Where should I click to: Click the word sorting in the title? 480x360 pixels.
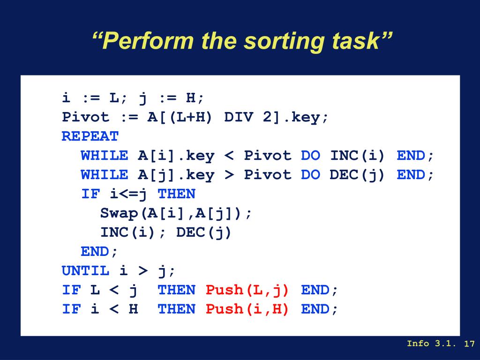[x=284, y=41]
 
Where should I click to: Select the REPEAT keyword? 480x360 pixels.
[x=90, y=136]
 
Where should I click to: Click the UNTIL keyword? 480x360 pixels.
[x=85, y=270]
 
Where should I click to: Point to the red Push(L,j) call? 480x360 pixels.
[x=247, y=290]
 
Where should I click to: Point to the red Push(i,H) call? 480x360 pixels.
[x=247, y=309]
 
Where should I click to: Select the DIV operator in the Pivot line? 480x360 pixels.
[x=239, y=117]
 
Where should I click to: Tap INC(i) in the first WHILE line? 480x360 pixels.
[x=357, y=156]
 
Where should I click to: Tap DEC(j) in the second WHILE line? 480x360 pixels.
[x=357, y=175]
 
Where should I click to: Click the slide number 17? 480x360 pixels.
[x=469, y=344]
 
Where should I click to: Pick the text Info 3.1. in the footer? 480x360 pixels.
[x=431, y=344]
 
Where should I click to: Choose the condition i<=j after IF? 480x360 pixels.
[x=128, y=194]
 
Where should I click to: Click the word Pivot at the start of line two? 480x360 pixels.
[x=85, y=117]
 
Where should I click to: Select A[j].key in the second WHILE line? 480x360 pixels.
[x=176, y=175]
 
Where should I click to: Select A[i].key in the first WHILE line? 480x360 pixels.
[x=176, y=156]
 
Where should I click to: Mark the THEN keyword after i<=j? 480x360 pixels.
[x=176, y=194]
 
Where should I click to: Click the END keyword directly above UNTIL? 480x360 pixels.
[x=95, y=252]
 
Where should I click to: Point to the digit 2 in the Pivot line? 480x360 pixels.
[x=267, y=117]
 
